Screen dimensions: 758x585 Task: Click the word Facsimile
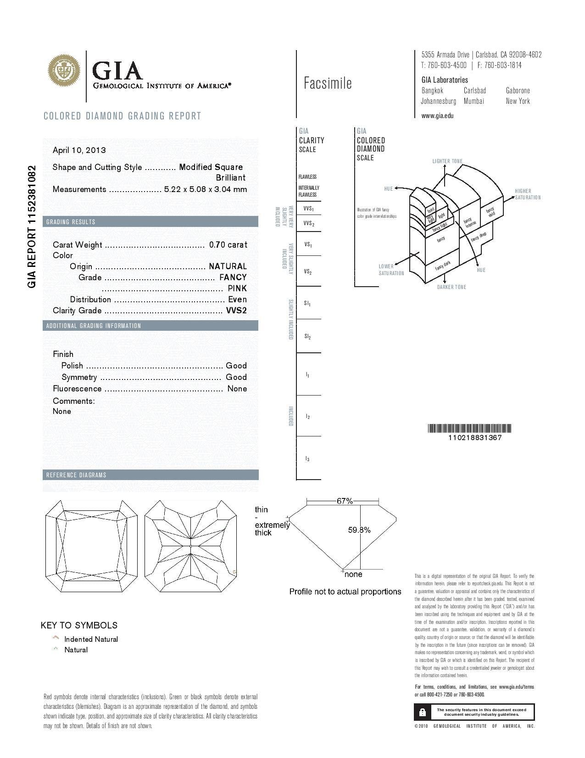328,83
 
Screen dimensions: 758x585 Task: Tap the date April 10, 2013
79,150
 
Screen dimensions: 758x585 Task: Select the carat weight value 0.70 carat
228,245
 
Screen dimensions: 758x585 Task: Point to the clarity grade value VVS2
236,311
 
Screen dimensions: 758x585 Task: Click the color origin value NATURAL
228,266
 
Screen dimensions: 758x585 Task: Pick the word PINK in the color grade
237,288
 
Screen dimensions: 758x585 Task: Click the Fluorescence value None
237,389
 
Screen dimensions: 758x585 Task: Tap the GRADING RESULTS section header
71,222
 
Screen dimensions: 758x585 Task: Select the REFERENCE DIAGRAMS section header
76,475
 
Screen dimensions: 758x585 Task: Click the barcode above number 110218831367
469,429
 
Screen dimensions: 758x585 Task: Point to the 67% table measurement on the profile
345,501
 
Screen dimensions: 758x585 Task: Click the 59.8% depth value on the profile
359,530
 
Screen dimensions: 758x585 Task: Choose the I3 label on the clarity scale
308,459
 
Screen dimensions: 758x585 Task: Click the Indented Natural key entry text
91,639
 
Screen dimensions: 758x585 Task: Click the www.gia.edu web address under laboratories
437,116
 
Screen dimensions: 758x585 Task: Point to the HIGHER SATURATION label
527,194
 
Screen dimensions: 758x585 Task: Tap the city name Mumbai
474,101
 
